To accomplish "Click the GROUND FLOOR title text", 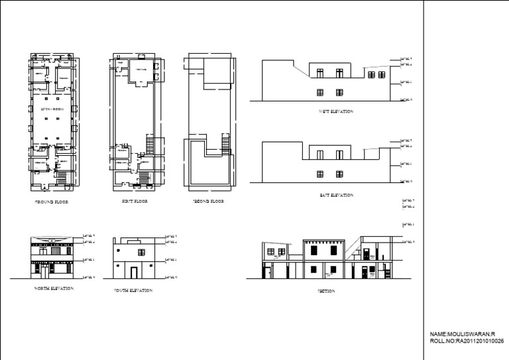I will (x=51, y=201).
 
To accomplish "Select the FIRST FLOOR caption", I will (x=135, y=201).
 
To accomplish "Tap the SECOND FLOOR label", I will (x=208, y=201).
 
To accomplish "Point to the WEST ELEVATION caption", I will (x=336, y=112).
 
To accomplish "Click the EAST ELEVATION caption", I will (x=336, y=195).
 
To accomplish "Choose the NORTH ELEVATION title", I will (x=54, y=288).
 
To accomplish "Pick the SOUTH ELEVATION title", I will (x=133, y=290).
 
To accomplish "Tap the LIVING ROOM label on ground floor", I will (x=51, y=107).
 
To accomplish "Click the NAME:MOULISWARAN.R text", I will (x=463, y=333).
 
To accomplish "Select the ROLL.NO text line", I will (x=467, y=340).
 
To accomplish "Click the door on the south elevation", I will (x=133, y=272).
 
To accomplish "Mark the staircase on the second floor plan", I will (x=225, y=144).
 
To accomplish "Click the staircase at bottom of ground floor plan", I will (x=63, y=178).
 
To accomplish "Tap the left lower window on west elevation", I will (x=320, y=91).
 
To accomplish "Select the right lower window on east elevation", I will (x=339, y=174).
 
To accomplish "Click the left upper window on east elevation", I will (x=320, y=154).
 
